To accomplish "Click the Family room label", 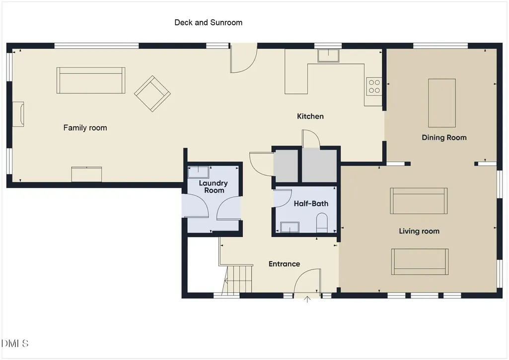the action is click(x=85, y=128).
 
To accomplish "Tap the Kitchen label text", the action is click(x=310, y=116).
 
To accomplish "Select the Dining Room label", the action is click(x=444, y=138).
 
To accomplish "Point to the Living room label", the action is click(x=419, y=231).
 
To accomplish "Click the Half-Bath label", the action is click(x=311, y=204).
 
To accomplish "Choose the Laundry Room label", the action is click(x=213, y=187).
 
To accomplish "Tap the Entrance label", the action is click(x=285, y=264).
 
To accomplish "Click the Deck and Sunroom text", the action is click(x=209, y=22).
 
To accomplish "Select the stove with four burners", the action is click(x=374, y=86).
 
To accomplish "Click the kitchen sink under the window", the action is click(x=328, y=55).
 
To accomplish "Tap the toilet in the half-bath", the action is click(x=322, y=222).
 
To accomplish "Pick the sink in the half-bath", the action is click(x=290, y=227).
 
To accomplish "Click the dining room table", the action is click(x=442, y=103).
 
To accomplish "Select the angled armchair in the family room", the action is click(x=152, y=93).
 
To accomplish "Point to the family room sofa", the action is click(x=91, y=80).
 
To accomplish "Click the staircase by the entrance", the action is click(x=238, y=280).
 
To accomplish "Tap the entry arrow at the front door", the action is click(x=307, y=299).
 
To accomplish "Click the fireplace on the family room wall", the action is click(x=18, y=114).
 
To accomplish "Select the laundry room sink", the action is click(x=198, y=172).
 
